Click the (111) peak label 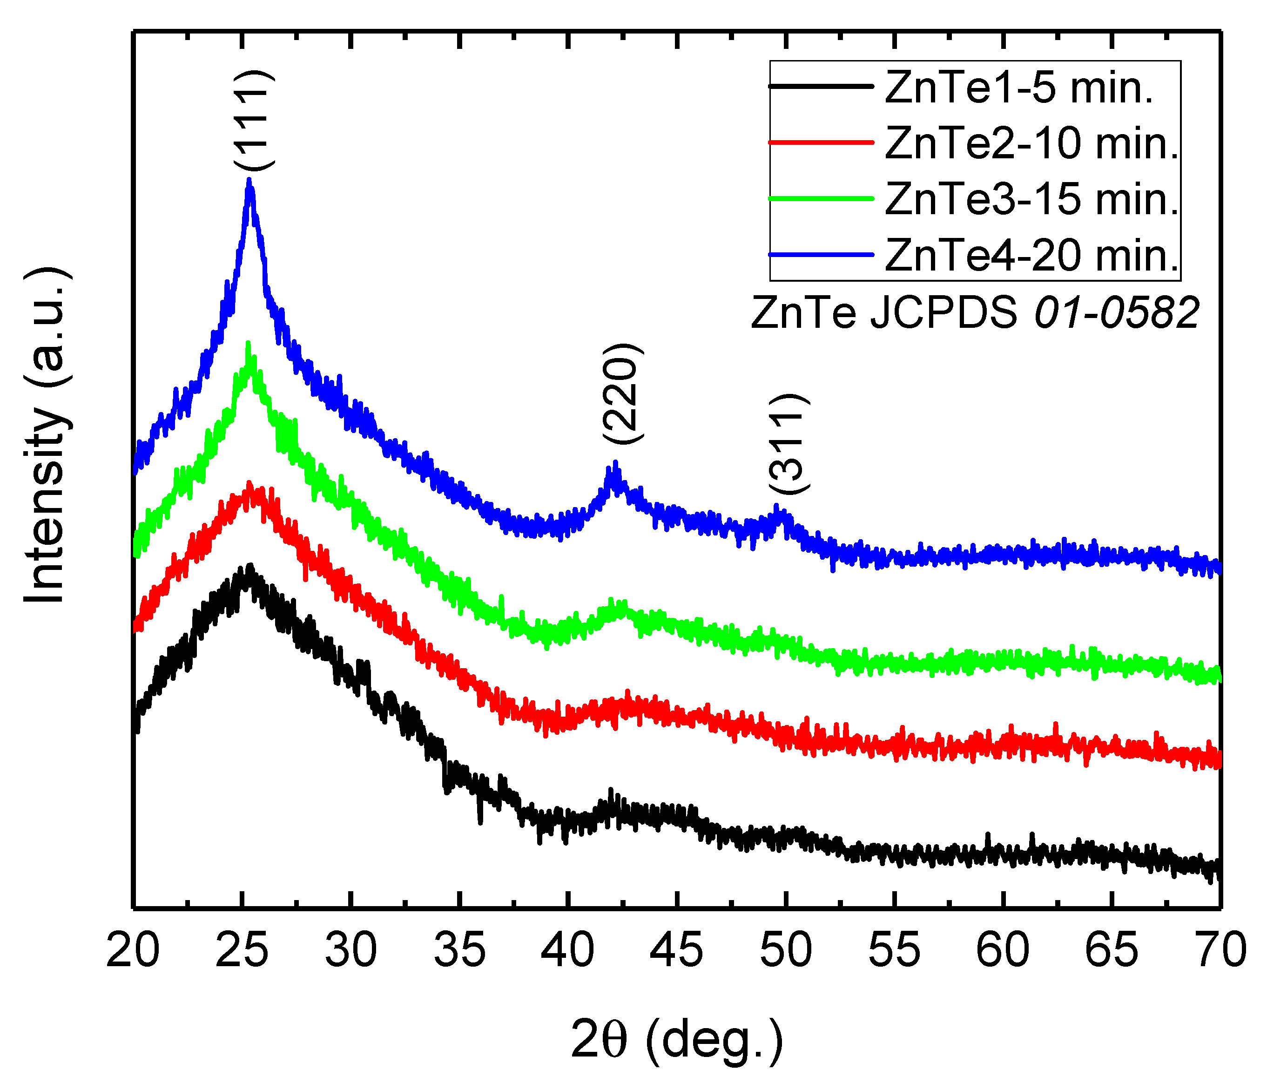click(x=254, y=120)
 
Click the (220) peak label click(x=622, y=394)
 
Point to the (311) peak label click(x=788, y=445)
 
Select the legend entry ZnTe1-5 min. click(x=1018, y=88)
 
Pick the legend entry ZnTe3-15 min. click(x=1031, y=199)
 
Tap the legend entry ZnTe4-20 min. click(x=1031, y=255)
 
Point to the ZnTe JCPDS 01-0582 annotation click(x=974, y=312)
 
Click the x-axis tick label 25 click(x=242, y=950)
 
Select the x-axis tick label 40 click(x=567, y=950)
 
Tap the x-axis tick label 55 click(x=894, y=950)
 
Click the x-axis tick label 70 click(x=1220, y=950)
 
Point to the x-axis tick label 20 click(x=133, y=950)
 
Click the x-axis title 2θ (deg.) click(x=676, y=1038)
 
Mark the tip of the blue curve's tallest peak click(x=249, y=180)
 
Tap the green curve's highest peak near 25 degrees click(x=248, y=344)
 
